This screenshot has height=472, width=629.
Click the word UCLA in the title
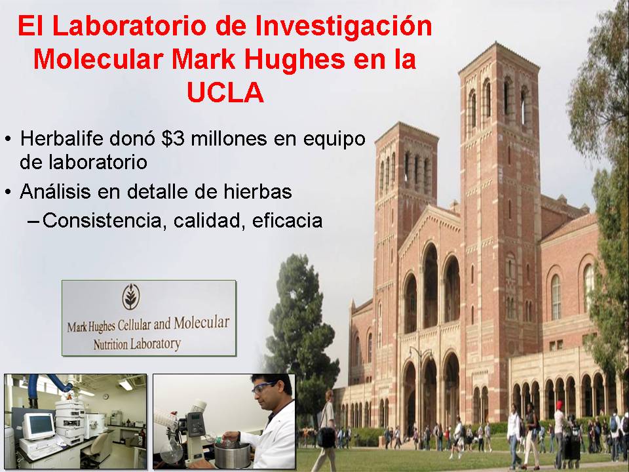pos(225,92)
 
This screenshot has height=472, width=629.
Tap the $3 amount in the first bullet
pos(172,139)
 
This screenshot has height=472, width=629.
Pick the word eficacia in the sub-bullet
pos(287,220)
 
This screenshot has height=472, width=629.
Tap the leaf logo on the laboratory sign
pos(131,296)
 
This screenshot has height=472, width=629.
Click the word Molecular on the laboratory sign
pos(201,323)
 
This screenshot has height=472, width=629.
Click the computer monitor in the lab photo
pos(38,426)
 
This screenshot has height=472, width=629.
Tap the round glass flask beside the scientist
pos(172,449)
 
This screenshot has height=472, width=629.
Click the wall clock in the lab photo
pos(105,397)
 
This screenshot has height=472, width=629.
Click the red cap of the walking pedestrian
pos(560,404)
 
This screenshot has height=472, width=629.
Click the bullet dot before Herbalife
pos(8,139)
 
